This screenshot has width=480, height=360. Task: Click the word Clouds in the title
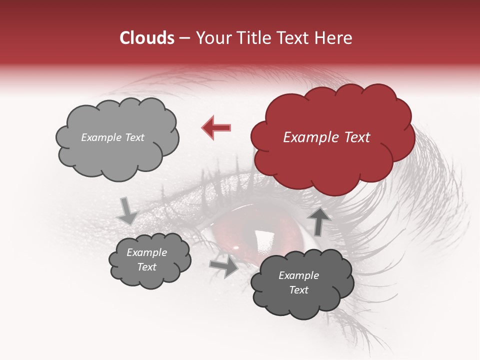[x=147, y=38]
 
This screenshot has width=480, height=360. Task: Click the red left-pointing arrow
[x=216, y=127]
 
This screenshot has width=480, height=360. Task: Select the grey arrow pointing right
[x=224, y=266]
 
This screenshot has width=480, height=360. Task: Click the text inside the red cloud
[x=326, y=137]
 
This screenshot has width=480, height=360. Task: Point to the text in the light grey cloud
[x=112, y=137]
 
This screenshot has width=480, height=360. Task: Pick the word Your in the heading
[x=211, y=38]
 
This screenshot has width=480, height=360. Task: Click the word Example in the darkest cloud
[x=298, y=275]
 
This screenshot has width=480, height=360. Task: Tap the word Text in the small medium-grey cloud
[x=147, y=267]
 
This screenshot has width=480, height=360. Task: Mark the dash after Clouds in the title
[x=184, y=38]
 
